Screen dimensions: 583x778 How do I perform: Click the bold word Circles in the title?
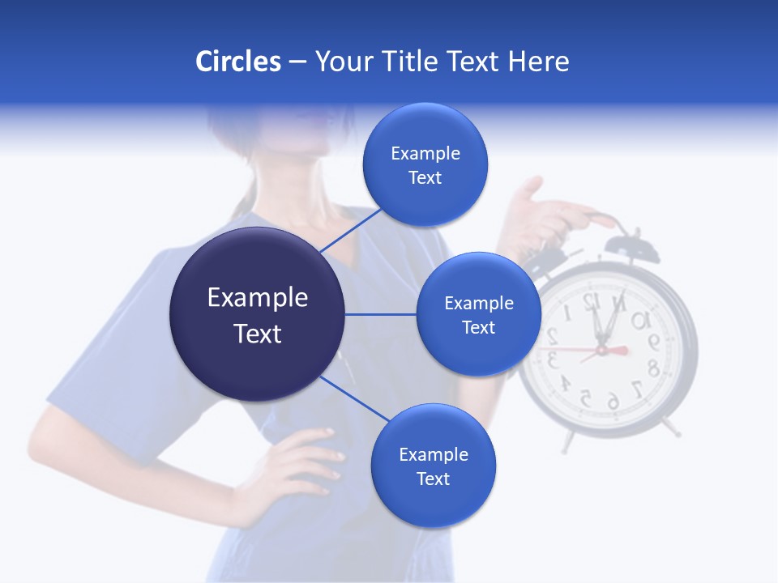pos(238,62)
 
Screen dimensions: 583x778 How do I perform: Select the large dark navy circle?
pos(258,314)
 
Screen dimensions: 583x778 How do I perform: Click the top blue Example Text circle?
pos(425,165)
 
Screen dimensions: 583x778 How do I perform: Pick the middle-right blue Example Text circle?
pos(479,314)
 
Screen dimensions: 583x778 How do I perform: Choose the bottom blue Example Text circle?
pos(434,466)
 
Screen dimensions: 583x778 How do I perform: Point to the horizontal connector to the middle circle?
pos(381,314)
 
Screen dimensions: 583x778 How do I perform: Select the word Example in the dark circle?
pos(258,298)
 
